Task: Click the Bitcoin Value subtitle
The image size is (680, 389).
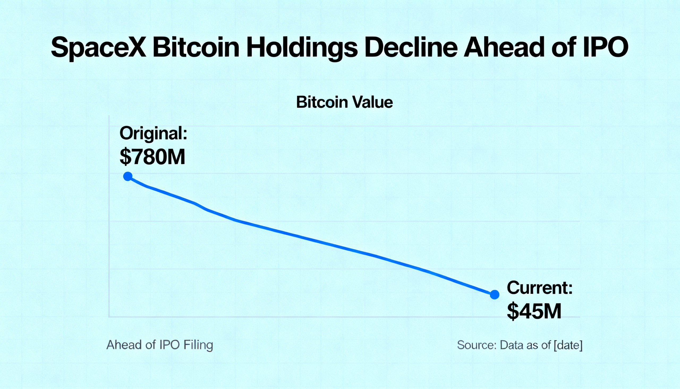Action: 344,102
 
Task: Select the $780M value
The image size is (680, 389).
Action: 152,157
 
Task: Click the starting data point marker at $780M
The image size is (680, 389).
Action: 128,176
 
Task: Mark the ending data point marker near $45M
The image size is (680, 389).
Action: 495,294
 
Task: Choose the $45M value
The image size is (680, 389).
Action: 534,311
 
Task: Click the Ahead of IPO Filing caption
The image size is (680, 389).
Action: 160,345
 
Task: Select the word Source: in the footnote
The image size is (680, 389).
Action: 477,345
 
